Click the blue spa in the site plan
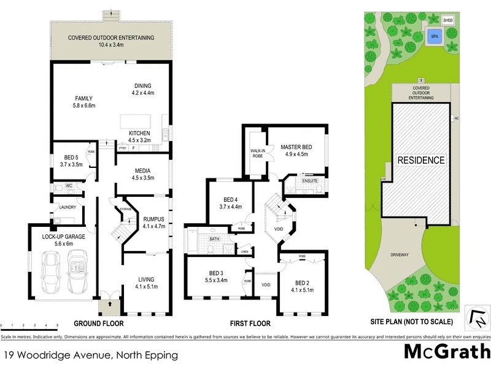point(435,36)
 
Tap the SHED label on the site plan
point(449,18)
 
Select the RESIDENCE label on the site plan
point(421,160)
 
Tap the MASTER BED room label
point(297,147)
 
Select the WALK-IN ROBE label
point(258,153)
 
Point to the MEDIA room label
point(142,170)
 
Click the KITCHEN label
point(140,133)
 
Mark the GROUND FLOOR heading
point(98,323)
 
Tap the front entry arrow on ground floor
point(109,304)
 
